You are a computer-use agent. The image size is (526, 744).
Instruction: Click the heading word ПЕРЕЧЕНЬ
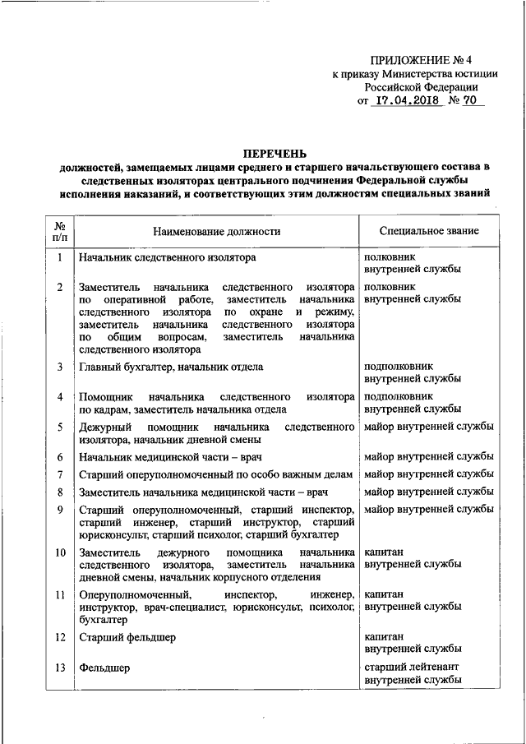[275, 154]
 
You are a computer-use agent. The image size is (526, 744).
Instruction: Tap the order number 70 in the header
[471, 101]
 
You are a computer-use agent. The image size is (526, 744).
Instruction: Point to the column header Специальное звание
[430, 232]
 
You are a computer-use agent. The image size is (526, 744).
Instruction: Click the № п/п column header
[60, 232]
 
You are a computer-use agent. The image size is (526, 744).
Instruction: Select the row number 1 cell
[60, 257]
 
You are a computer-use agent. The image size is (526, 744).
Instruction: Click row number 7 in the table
[60, 474]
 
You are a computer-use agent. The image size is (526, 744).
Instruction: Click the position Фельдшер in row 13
[104, 668]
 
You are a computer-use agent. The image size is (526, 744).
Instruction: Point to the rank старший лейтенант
[412, 668]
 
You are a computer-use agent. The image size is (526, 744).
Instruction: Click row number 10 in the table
[60, 552]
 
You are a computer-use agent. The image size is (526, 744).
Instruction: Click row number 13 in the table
[60, 668]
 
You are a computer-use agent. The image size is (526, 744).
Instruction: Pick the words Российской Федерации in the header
[421, 86]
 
